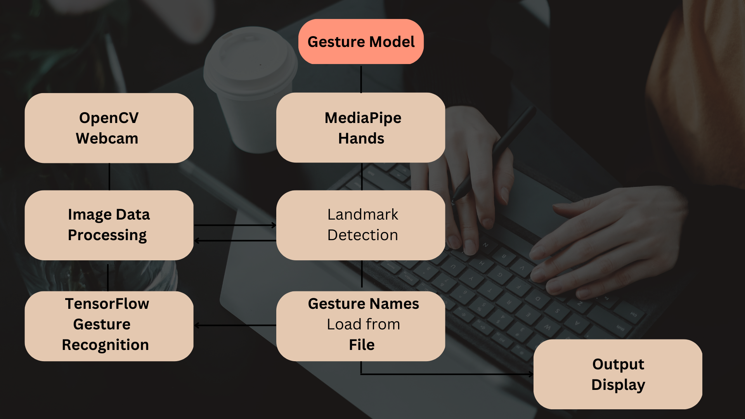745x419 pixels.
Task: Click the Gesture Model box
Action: click(361, 42)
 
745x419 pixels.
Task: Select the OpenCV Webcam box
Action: click(109, 128)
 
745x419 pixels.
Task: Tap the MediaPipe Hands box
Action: click(361, 128)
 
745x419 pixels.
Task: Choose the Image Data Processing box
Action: click(109, 225)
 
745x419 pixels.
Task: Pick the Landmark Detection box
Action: click(361, 225)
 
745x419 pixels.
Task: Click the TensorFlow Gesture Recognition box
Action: click(109, 326)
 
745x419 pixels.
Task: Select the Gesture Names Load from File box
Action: click(361, 326)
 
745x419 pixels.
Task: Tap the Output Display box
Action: click(618, 374)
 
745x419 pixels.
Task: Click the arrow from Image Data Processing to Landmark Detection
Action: click(235, 225)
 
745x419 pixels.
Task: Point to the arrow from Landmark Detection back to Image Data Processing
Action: click(235, 241)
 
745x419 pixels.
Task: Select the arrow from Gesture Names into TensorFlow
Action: click(235, 326)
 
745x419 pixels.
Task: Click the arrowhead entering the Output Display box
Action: click(531, 374)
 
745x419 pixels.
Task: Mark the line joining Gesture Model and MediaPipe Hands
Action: click(361, 79)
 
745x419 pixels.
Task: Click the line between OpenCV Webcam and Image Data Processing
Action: click(109, 177)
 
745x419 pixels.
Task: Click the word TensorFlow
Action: click(107, 304)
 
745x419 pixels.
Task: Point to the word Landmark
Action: click(363, 215)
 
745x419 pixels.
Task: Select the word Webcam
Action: click(107, 139)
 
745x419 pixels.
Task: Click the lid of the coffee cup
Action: click(250, 62)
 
